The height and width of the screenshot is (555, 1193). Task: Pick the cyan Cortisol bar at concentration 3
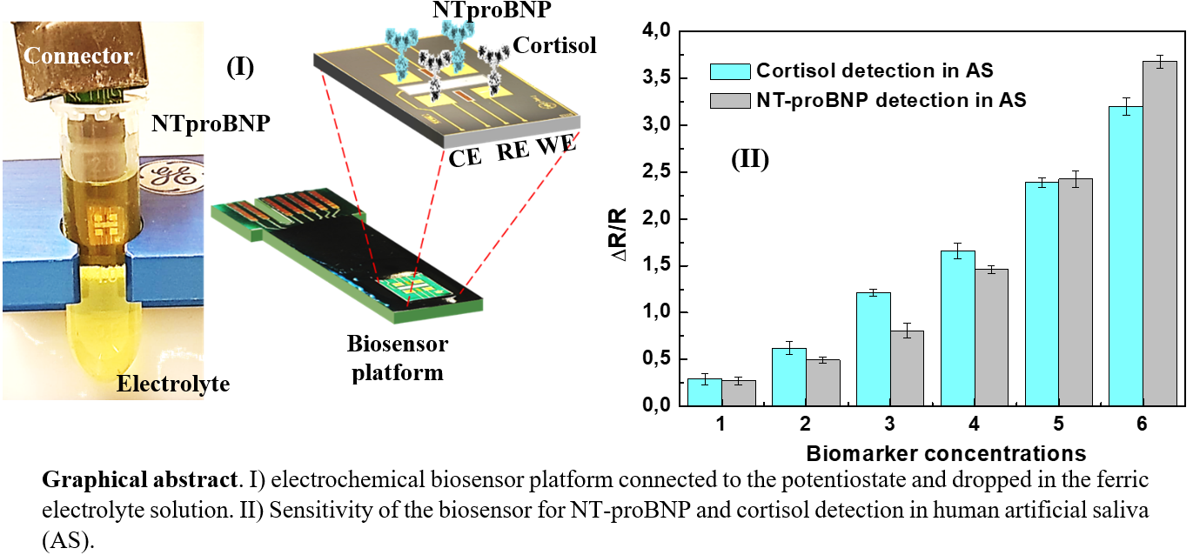tap(875, 349)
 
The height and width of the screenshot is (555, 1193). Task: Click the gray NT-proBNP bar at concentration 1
tap(740, 392)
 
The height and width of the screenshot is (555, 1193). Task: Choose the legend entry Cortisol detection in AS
tap(875, 70)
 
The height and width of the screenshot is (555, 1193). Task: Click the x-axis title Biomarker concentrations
tap(945, 453)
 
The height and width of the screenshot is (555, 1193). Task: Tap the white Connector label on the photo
tap(78, 57)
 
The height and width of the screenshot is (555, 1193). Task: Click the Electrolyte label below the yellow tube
tap(174, 383)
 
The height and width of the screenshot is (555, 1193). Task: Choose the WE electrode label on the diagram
tap(556, 146)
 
